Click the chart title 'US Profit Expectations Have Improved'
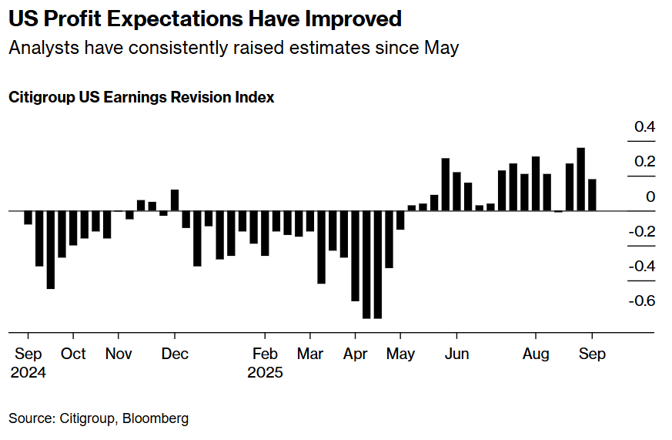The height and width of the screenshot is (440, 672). coord(205,18)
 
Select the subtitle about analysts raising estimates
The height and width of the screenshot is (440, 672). coord(233,48)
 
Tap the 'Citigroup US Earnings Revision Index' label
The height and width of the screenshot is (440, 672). coord(142,98)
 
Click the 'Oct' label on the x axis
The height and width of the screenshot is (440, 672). coord(73,354)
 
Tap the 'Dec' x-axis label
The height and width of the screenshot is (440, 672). coord(175,354)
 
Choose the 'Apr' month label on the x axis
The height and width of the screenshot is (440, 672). coord(355,354)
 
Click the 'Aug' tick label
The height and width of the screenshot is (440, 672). coord(536,354)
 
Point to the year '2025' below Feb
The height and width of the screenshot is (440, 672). coord(265,373)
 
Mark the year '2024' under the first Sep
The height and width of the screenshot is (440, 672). coord(28,373)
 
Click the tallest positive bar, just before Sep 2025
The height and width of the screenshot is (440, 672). coord(581,179)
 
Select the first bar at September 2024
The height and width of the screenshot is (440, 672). coord(28,217)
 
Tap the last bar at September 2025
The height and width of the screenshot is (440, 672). coord(592,195)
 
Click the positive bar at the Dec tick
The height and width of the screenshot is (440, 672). coord(175,200)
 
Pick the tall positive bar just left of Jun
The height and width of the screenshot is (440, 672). coord(446,184)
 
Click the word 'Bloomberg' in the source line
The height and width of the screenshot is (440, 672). coord(154,418)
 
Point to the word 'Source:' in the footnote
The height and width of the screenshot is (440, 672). coord(31,418)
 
